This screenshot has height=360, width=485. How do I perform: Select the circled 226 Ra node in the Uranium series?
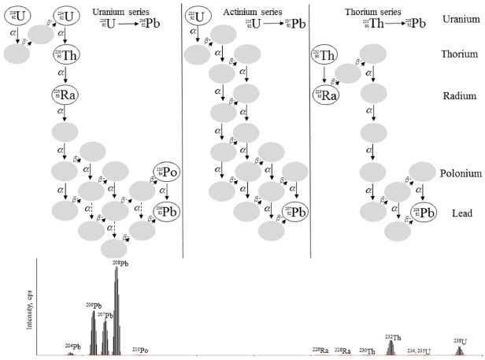pos(65,95)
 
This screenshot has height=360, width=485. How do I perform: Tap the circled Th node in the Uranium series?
pos(66,55)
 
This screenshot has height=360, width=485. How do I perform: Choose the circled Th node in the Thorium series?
pos(324,55)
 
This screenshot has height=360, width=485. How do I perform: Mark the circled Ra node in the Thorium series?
pos(324,95)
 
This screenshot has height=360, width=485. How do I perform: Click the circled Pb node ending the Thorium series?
pos(426,211)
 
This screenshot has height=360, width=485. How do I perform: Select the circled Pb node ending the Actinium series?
pos(294,211)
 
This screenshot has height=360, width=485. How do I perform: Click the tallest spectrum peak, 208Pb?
pos(117,311)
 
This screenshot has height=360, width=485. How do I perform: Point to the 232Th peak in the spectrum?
pos(391,346)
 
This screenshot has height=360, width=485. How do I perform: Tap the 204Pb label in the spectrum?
pos(72,346)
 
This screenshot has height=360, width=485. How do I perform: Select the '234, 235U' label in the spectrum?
pos(419,349)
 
